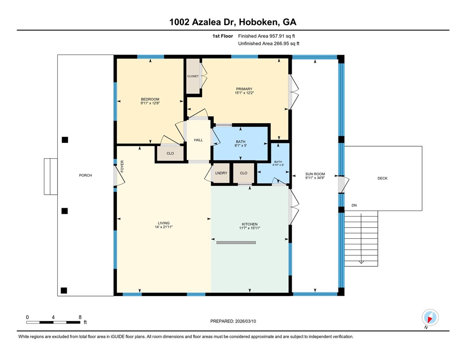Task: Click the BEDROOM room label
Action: (150, 99)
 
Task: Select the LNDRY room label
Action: (221, 173)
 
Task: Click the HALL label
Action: (198, 140)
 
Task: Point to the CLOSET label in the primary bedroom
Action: (193, 76)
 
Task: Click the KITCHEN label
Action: (250, 224)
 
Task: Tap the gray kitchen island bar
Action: (236, 242)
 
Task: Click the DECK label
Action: (382, 178)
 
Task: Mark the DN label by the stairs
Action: (354, 205)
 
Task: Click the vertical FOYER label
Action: (123, 166)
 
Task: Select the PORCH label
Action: (85, 175)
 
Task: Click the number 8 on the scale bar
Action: (80, 317)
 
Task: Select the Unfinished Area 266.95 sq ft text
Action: (268, 43)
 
